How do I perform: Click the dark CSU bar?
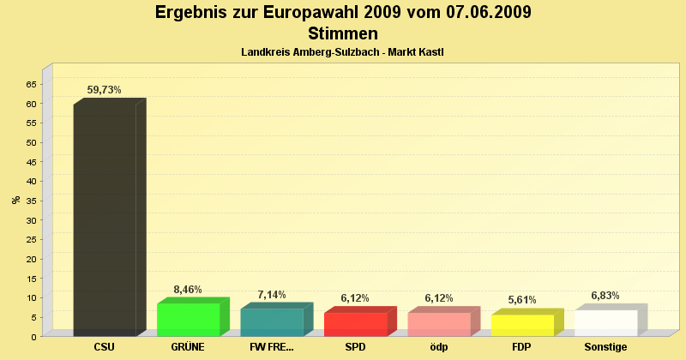coord(105,219)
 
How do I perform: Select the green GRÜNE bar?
coord(188,319)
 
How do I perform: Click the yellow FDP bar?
coord(522,325)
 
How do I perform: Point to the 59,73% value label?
coord(105,89)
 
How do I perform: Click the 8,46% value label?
coord(188,290)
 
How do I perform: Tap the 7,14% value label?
coord(272,295)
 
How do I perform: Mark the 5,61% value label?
coord(522,300)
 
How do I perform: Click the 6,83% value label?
coord(605,296)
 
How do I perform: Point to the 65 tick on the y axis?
coord(31,84)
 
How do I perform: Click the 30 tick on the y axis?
coord(31,219)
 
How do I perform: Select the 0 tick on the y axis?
coord(33,336)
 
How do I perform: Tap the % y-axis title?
coord(15,200)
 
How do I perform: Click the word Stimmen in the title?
coord(342,34)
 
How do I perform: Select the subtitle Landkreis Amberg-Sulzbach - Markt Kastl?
coord(342,53)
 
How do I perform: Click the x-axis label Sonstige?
coord(605,347)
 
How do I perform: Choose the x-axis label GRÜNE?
coord(188,347)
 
